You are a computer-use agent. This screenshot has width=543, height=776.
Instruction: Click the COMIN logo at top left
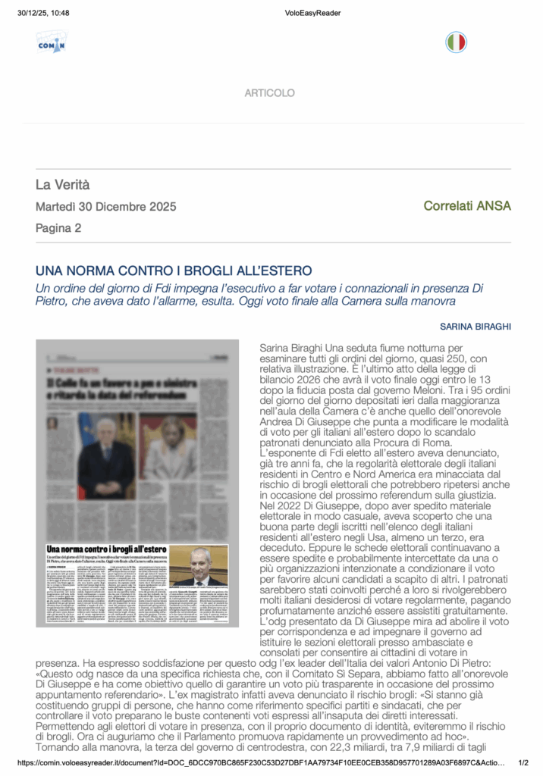[52, 42]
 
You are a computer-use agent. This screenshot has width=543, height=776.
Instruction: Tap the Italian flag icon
[456, 42]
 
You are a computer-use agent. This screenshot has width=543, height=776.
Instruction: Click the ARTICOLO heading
[269, 93]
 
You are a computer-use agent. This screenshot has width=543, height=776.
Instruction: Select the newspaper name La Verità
[62, 184]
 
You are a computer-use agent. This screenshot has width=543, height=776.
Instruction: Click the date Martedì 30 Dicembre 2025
[105, 207]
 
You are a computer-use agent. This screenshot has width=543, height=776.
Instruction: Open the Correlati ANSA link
[467, 206]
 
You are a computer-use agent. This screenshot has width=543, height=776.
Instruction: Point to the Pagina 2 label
[58, 228]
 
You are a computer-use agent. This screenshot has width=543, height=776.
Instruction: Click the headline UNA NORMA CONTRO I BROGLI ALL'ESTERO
[174, 271]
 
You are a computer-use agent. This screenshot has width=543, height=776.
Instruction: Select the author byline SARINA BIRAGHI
[476, 327]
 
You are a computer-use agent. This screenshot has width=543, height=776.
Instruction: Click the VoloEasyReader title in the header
[312, 13]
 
